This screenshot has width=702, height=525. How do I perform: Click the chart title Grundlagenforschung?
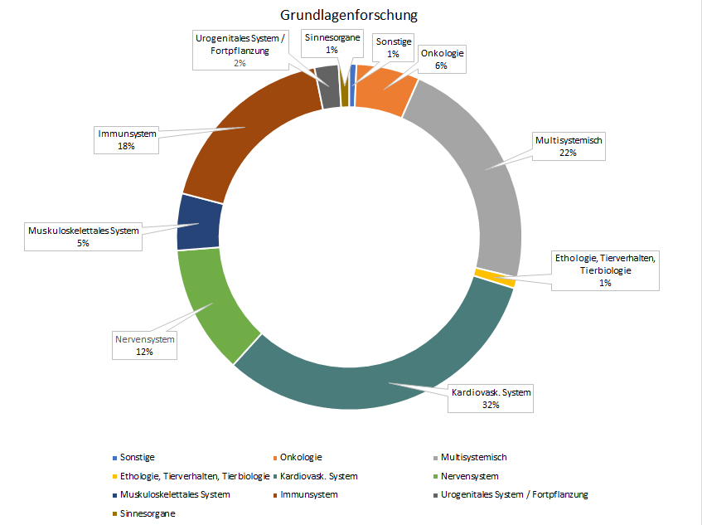click(x=349, y=15)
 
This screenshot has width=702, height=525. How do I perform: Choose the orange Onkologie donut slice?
click(x=385, y=87)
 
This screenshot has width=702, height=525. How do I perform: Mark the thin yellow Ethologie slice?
click(x=496, y=278)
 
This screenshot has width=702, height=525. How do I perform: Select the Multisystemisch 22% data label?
click(x=569, y=148)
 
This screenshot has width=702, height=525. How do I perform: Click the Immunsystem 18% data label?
click(x=126, y=139)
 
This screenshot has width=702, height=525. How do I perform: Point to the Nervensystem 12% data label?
click(x=145, y=345)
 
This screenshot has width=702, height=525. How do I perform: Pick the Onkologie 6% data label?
click(x=441, y=60)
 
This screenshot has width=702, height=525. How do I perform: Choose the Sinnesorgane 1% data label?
click(x=332, y=43)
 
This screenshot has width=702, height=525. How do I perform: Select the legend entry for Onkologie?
click(x=300, y=457)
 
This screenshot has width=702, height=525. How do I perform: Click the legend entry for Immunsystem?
click(x=309, y=495)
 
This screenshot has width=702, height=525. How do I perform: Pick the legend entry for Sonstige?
click(x=137, y=457)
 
